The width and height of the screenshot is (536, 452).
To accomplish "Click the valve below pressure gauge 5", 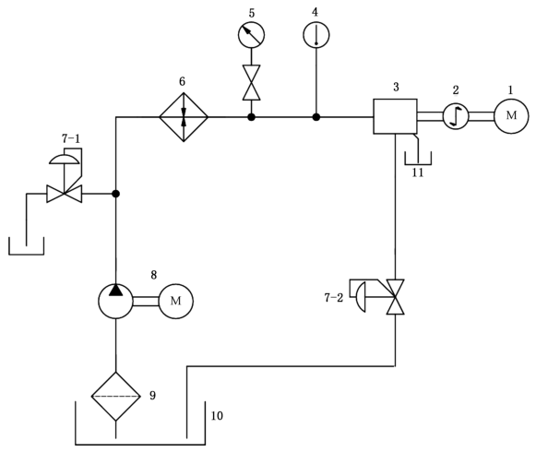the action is [x=251, y=82].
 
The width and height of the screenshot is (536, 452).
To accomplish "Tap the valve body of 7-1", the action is [x=65, y=194].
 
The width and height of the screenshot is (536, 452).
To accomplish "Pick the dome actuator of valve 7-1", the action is [x=65, y=160].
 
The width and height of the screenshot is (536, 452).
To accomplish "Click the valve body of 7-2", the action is [x=396, y=297].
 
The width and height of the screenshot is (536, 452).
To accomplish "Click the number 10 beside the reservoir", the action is [x=217, y=416].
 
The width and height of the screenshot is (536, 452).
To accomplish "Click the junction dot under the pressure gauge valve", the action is [x=251, y=117].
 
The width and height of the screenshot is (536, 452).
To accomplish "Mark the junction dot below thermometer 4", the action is [x=316, y=117].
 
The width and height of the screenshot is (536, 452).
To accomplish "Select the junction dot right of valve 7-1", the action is [x=116, y=194].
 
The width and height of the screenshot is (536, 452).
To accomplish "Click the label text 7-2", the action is [x=334, y=298].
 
